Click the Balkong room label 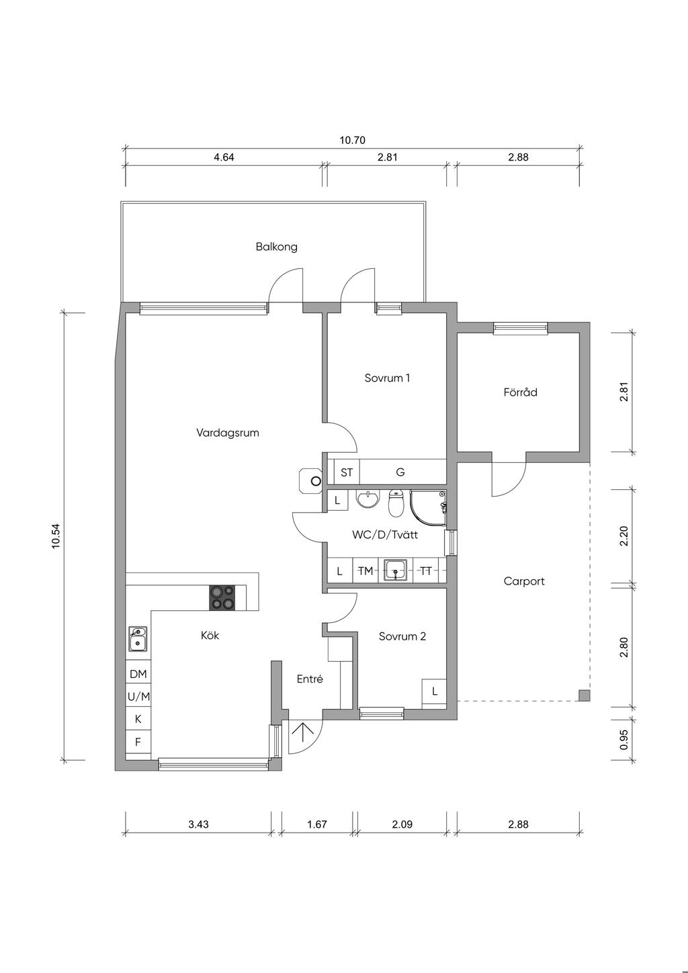pyautogui.click(x=276, y=247)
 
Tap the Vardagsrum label pyautogui.click(x=228, y=433)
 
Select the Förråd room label pyautogui.click(x=520, y=392)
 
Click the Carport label pyautogui.click(x=524, y=581)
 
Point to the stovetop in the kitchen pyautogui.click(x=222, y=598)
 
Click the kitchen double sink pyautogui.click(x=137, y=639)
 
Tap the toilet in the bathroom pyautogui.click(x=395, y=503)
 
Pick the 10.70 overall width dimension pyautogui.click(x=352, y=140)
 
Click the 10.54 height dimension pyautogui.click(x=56, y=536)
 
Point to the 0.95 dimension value pyautogui.click(x=623, y=740)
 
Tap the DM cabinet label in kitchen pyautogui.click(x=138, y=674)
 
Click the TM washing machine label pyautogui.click(x=365, y=571)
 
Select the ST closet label pyautogui.click(x=347, y=472)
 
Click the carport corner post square pyautogui.click(x=584, y=695)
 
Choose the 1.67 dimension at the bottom pyautogui.click(x=316, y=824)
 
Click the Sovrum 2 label pyautogui.click(x=402, y=637)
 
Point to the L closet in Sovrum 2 pyautogui.click(x=434, y=691)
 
